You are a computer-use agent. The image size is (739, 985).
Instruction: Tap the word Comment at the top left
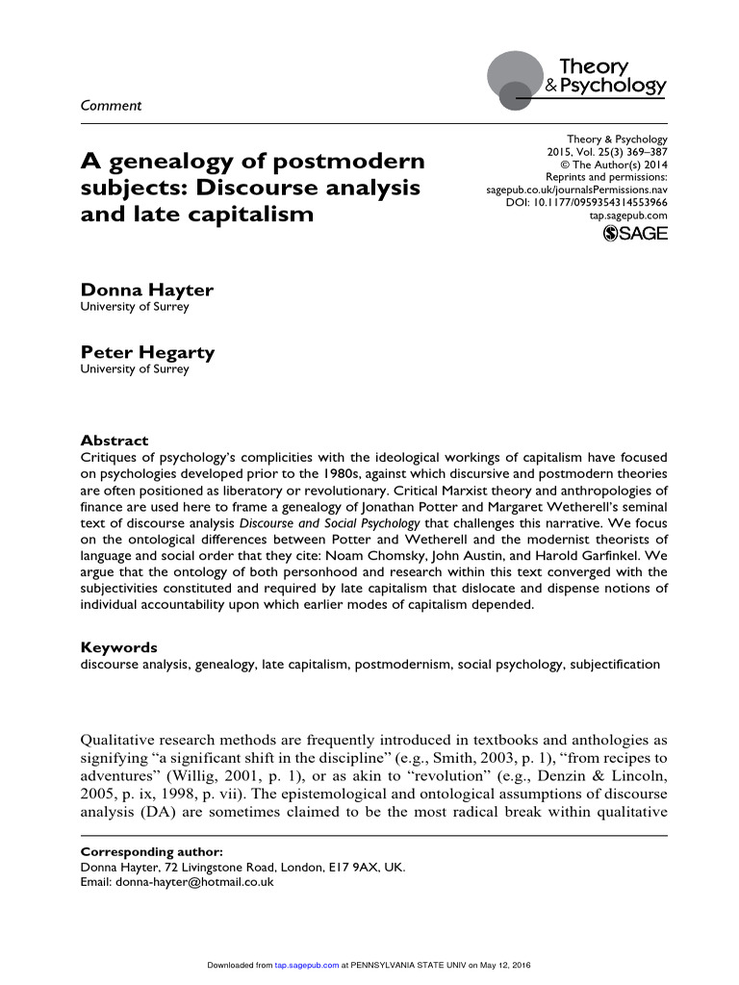110,106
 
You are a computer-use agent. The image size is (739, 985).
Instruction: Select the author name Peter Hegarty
147,352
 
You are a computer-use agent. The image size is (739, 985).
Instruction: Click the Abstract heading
114,441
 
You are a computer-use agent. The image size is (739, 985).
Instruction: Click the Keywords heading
118,647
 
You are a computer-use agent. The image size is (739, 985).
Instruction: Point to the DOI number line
586,203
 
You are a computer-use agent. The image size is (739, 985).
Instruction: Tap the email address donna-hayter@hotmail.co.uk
195,881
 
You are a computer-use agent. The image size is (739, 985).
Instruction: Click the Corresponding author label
151,852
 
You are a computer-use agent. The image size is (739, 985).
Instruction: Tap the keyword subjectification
615,664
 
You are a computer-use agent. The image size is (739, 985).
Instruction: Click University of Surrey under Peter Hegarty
134,369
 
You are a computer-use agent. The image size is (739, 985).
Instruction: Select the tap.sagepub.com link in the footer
306,965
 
